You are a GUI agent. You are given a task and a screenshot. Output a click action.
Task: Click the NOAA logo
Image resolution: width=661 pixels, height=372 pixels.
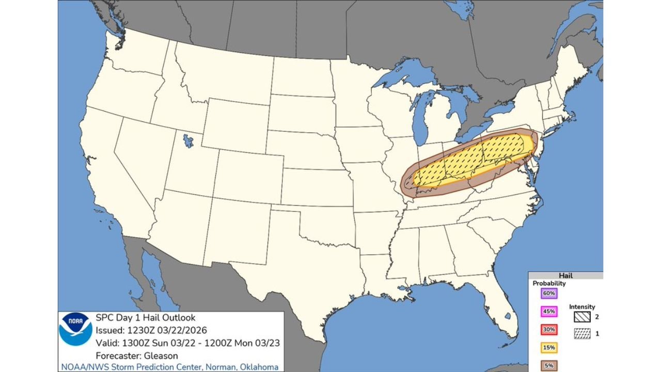(x=75, y=329)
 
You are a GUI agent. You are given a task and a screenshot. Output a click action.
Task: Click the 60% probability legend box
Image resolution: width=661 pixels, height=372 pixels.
(x=548, y=293)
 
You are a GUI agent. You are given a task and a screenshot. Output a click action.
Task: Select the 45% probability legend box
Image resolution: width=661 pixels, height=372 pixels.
(x=548, y=312)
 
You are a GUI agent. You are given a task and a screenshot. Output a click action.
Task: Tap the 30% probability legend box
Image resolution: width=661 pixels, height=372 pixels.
(x=548, y=330)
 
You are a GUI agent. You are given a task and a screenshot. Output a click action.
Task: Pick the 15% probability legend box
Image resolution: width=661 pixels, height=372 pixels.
(x=548, y=348)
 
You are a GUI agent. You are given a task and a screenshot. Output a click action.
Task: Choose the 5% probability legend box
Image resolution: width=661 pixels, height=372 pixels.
(x=548, y=365)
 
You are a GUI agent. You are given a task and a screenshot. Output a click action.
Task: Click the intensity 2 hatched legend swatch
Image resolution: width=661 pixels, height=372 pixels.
(x=582, y=317)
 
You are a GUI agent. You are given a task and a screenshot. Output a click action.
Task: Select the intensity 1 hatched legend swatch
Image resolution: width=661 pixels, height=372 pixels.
(x=582, y=334)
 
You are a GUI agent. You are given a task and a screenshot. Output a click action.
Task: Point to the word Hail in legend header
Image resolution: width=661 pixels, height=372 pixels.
(x=565, y=276)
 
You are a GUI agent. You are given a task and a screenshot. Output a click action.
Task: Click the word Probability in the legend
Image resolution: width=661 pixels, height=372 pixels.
(x=549, y=283)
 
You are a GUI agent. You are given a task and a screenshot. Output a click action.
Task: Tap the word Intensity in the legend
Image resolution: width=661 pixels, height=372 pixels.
(x=582, y=307)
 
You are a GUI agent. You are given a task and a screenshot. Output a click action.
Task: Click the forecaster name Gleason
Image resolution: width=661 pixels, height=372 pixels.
(x=160, y=355)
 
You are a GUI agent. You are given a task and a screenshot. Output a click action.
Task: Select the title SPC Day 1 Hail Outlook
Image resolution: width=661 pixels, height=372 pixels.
(x=146, y=318)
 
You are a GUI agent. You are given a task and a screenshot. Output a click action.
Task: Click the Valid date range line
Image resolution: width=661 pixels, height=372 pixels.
(x=188, y=343)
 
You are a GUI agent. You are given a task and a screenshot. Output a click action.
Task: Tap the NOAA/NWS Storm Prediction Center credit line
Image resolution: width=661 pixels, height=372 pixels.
(x=169, y=367)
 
